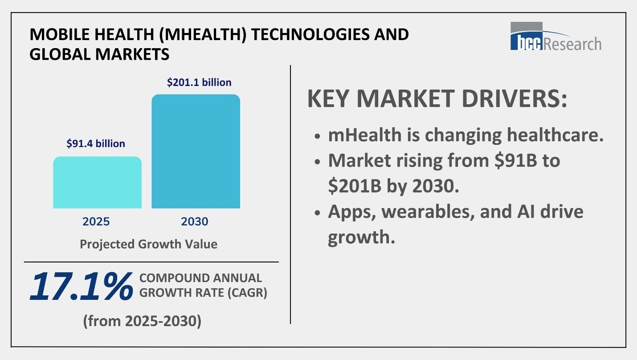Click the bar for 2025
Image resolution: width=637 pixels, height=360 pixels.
[97, 183]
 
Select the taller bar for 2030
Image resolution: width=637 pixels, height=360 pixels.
[196, 151]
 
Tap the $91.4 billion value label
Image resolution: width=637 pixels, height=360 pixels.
[96, 143]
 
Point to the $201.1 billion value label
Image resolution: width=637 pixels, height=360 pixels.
[199, 82]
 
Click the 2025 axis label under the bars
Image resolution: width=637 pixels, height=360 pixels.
[96, 221]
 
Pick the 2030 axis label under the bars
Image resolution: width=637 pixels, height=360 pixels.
[195, 221]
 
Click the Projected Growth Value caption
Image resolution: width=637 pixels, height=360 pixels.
[148, 244]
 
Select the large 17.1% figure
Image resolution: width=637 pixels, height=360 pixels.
[81, 286]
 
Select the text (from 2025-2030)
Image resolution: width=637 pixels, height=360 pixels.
[142, 321]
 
